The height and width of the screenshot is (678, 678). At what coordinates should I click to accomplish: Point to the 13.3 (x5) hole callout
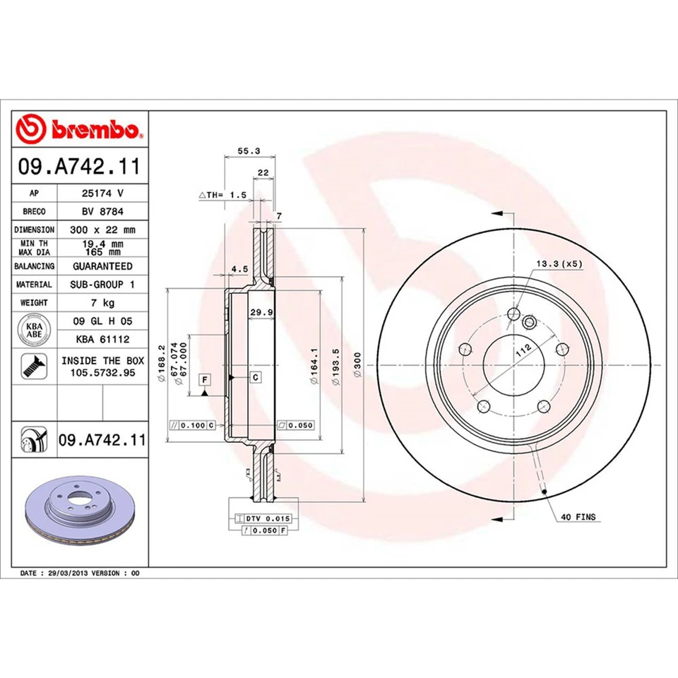(x=559, y=263)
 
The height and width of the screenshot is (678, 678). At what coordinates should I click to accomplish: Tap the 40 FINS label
(x=578, y=517)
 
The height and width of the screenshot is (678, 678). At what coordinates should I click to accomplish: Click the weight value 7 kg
(x=102, y=302)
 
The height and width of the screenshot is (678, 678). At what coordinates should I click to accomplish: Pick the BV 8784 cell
(x=102, y=210)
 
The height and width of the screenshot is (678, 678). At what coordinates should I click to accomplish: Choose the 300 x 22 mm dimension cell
(x=102, y=230)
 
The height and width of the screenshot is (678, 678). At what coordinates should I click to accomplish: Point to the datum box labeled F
(x=204, y=380)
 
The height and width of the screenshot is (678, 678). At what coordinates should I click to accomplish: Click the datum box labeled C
(x=256, y=377)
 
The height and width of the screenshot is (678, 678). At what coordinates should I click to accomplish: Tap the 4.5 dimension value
(x=239, y=269)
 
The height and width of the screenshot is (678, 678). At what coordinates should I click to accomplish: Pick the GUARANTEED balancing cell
(x=102, y=266)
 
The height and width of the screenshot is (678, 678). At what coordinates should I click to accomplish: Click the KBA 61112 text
(x=102, y=338)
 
